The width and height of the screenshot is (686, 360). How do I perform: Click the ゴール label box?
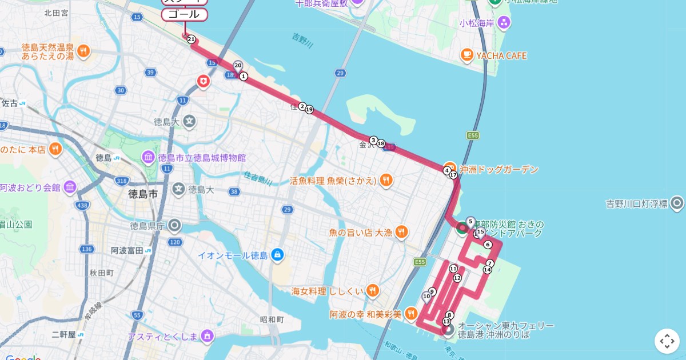tap(184, 14)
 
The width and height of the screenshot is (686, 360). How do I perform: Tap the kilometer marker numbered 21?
tap(191, 39)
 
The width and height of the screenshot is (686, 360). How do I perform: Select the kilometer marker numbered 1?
tap(244, 76)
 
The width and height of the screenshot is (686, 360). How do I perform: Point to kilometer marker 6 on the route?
tap(488, 245)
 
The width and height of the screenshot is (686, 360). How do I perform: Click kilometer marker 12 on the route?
tap(457, 278)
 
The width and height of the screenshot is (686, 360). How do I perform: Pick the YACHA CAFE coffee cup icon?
tap(467, 55)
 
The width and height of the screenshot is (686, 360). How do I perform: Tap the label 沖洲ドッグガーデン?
tap(499, 170)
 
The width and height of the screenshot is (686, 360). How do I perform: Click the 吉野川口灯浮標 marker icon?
tap(677, 203)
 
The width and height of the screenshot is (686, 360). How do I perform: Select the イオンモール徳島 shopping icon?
tap(277, 254)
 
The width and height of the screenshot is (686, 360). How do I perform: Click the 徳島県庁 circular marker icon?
tap(174, 226)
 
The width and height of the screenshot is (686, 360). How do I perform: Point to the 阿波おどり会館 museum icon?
tap(70, 187)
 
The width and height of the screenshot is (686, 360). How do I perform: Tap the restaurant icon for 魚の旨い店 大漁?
tap(402, 232)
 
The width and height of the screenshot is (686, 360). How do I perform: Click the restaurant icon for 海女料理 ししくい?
tap(372, 290)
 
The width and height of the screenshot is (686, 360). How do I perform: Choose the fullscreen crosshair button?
tap(667, 341)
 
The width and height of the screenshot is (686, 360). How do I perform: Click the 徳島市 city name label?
tap(142, 194)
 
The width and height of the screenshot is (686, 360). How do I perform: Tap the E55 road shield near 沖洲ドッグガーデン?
tap(472, 135)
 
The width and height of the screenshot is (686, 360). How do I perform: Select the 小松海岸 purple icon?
tap(503, 23)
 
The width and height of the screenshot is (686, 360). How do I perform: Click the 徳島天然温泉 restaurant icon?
tap(83, 51)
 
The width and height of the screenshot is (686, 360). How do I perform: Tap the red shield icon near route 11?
tap(203, 82)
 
